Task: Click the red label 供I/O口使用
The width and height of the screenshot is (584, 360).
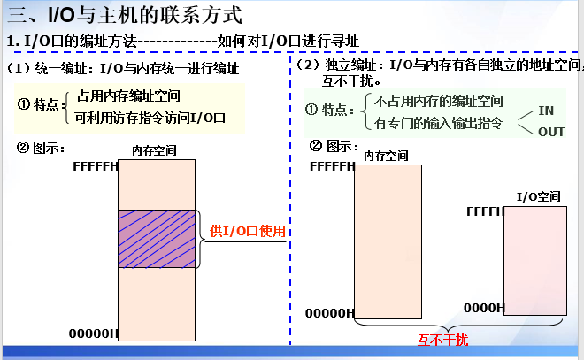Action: [x=249, y=231]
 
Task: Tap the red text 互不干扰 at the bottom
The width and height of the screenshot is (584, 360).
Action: [x=442, y=340]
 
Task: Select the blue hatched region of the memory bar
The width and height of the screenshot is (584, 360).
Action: [x=157, y=239]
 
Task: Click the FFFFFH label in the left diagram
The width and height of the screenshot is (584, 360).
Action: [x=96, y=166]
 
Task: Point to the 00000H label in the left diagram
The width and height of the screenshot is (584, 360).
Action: [x=94, y=333]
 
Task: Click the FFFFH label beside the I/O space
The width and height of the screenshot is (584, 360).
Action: [x=485, y=211]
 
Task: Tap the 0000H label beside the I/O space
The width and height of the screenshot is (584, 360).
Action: [x=484, y=307]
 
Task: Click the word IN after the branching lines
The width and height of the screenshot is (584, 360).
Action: [x=546, y=111]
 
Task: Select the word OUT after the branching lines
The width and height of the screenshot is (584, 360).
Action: [x=551, y=132]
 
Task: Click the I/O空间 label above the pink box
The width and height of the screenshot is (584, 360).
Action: [x=538, y=195]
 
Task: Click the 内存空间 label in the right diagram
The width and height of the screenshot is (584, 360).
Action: [x=387, y=156]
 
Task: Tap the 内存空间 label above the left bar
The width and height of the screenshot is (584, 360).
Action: [x=154, y=149]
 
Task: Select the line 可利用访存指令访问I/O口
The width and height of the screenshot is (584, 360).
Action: [x=151, y=116]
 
